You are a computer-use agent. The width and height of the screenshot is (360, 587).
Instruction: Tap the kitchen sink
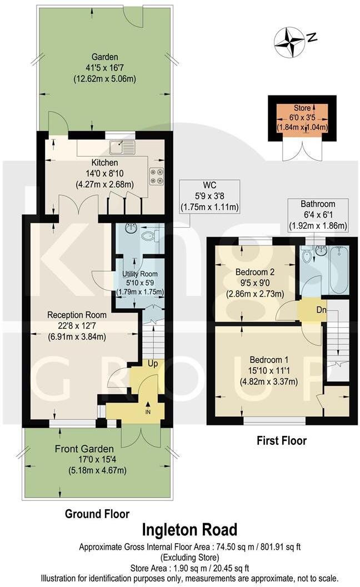[122, 148]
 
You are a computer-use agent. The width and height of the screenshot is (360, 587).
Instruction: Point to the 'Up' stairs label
[152, 363]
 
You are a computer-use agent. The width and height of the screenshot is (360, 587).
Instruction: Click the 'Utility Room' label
[139, 274]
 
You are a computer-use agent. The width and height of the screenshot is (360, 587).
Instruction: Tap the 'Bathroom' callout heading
[318, 204]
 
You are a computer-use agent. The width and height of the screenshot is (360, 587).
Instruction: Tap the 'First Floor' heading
[282, 441]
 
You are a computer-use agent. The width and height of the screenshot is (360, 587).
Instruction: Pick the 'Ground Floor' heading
[97, 514]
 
